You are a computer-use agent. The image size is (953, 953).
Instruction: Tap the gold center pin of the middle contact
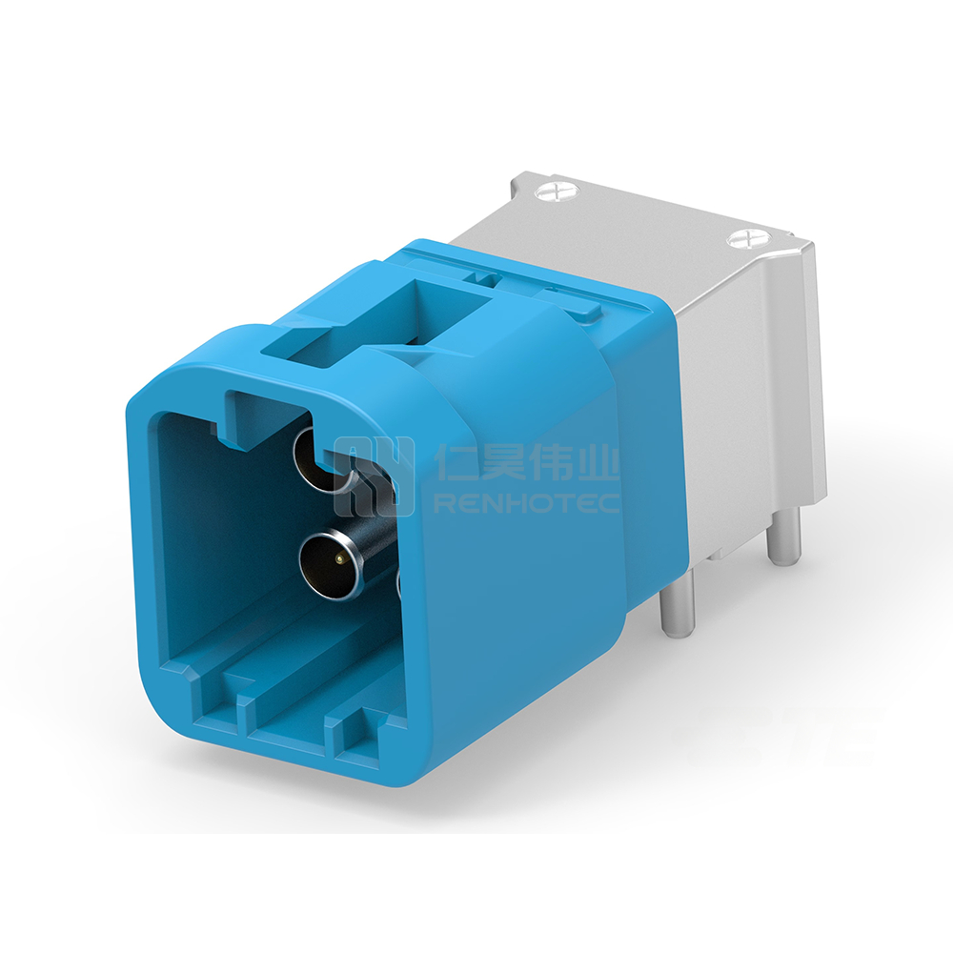336,557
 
